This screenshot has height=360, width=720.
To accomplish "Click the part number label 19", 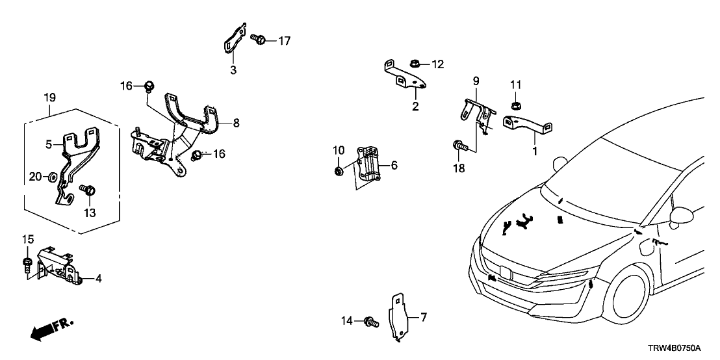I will pyautogui.click(x=49, y=98).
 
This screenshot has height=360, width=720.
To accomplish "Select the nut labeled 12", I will pyautogui.click(x=414, y=63).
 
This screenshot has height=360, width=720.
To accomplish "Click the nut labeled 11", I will pyautogui.click(x=515, y=105).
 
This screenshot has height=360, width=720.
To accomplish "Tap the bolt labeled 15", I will pyautogui.click(x=27, y=264).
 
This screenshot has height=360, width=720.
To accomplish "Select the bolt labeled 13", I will pyautogui.click(x=89, y=190).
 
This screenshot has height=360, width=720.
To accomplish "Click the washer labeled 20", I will pyautogui.click(x=53, y=177).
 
